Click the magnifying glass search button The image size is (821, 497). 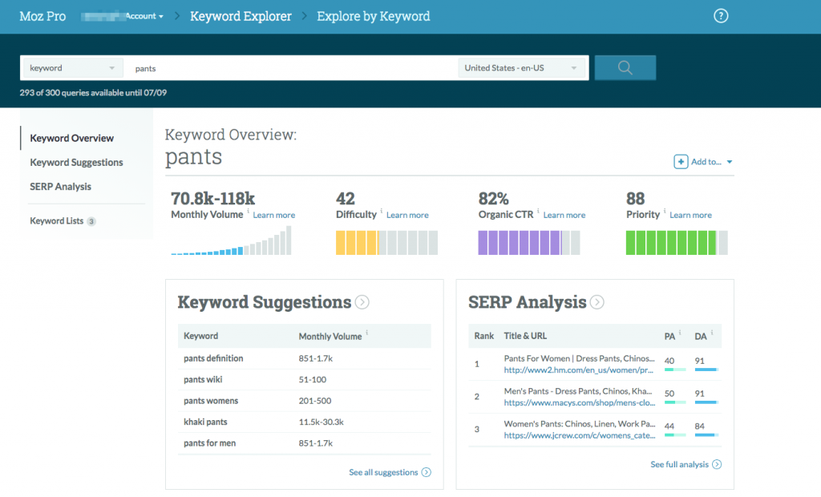coord(625,68)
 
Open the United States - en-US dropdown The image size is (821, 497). coord(521,68)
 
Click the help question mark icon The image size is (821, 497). coord(721,16)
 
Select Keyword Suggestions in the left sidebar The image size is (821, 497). coord(76,162)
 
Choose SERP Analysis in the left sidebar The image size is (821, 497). coord(60,186)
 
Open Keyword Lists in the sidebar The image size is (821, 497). coord(57,220)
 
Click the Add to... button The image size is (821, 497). coord(703,162)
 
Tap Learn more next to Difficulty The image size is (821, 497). coord(407,215)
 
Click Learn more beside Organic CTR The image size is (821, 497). coord(564,215)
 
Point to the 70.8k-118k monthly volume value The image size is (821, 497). coord(212,199)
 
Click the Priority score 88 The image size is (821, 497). coord(635,199)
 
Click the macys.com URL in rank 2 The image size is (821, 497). coord(580,402)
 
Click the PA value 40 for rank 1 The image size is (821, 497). coord(669,361)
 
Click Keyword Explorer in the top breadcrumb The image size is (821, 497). coord(241,16)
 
